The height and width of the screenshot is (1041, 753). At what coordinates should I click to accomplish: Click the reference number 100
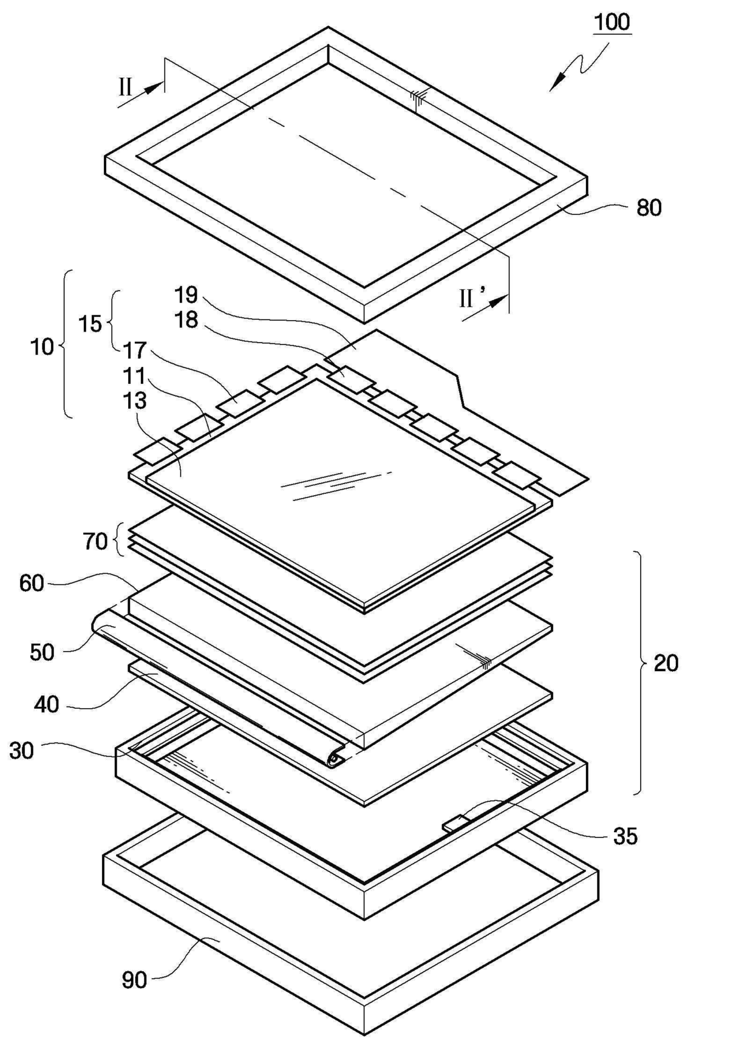click(612, 22)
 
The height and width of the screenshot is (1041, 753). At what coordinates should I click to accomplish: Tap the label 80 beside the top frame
click(649, 208)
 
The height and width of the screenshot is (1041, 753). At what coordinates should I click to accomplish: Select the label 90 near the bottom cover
click(134, 980)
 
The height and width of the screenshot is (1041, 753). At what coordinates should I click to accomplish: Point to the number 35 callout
click(625, 836)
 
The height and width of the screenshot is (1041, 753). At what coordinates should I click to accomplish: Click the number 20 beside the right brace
click(666, 663)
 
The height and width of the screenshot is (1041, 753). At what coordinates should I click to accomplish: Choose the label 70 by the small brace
click(95, 541)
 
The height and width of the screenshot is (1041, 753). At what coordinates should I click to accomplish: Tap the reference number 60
click(32, 583)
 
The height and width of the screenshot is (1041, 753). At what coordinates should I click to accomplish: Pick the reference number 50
click(42, 652)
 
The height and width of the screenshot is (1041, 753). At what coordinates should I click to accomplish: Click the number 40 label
click(46, 704)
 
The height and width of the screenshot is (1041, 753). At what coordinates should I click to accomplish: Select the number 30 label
click(22, 751)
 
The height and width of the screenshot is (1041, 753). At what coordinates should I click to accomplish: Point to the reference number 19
click(186, 295)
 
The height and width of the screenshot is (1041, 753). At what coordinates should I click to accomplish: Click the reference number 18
click(186, 319)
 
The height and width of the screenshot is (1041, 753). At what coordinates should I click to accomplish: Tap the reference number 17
click(135, 350)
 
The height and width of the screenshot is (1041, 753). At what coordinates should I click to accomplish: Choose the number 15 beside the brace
click(90, 324)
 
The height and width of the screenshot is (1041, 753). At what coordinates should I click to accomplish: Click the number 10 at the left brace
click(42, 347)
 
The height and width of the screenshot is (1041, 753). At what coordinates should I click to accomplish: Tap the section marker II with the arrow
click(125, 88)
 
